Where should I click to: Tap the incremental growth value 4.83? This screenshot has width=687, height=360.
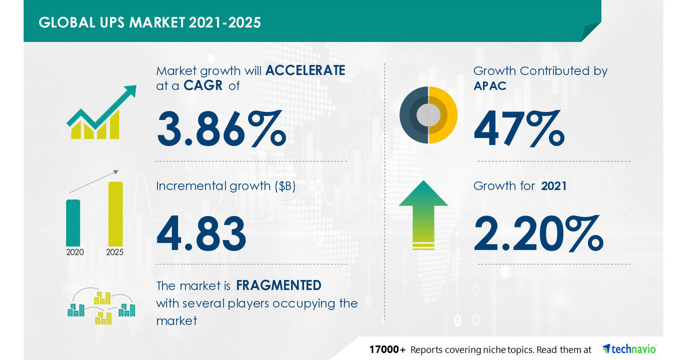(201, 234)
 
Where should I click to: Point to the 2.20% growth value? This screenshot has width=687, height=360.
(538, 234)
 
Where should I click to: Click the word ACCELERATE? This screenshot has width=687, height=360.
(305, 70)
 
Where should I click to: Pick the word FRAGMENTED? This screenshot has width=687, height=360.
(279, 285)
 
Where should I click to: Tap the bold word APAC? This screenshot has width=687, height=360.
(490, 86)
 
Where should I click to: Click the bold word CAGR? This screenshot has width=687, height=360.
(203, 85)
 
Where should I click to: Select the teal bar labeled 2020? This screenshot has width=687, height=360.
(73, 222)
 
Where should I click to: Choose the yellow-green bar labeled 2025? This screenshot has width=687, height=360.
(115, 213)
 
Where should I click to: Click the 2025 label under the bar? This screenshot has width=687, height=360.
(115, 252)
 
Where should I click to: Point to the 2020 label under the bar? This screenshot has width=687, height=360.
(75, 252)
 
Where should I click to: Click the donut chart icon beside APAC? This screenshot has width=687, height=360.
(428, 114)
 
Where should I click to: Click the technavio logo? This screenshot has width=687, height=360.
(629, 349)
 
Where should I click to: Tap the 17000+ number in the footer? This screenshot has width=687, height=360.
(387, 350)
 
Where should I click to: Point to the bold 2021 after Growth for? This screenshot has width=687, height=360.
(554, 186)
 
